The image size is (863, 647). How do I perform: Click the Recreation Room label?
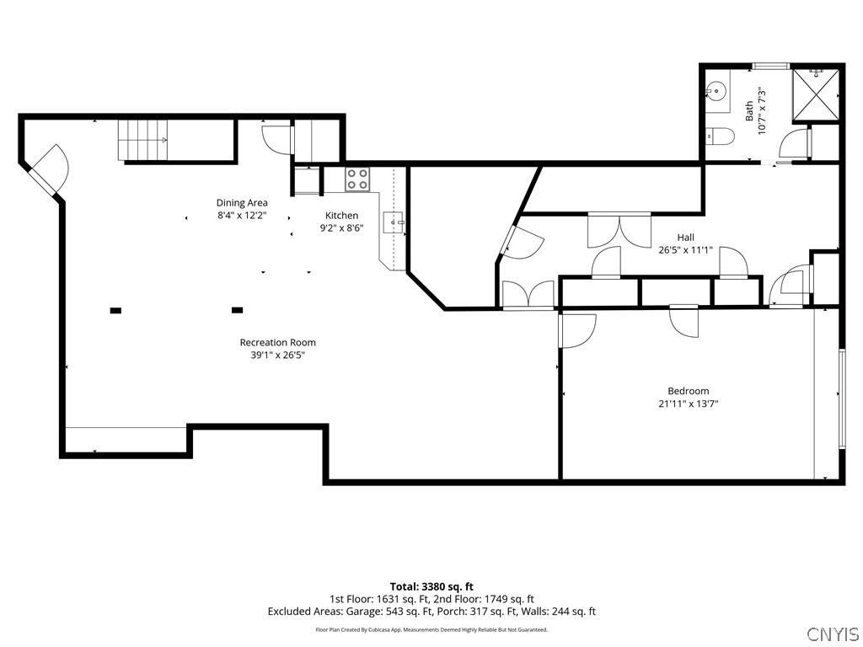[278, 343]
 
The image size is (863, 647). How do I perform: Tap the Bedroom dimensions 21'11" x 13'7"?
[689, 404]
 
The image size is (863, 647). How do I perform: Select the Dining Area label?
[242, 203]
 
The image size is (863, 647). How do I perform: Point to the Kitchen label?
[342, 216]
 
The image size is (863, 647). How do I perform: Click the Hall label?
[686, 238]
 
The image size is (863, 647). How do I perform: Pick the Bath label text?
[749, 111]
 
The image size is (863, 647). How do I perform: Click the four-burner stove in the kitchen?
[357, 179]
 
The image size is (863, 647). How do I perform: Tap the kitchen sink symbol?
[394, 222]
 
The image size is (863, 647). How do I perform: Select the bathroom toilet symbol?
[720, 136]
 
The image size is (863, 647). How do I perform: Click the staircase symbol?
[143, 140]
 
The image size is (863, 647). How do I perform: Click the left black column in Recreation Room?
[115, 311]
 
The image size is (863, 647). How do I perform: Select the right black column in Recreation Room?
[237, 310]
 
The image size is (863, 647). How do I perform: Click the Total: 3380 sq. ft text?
[431, 586]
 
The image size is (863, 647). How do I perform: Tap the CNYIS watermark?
[832, 633]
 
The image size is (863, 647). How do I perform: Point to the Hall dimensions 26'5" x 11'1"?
[686, 250]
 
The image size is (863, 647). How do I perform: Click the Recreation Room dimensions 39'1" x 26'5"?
[278, 356]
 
